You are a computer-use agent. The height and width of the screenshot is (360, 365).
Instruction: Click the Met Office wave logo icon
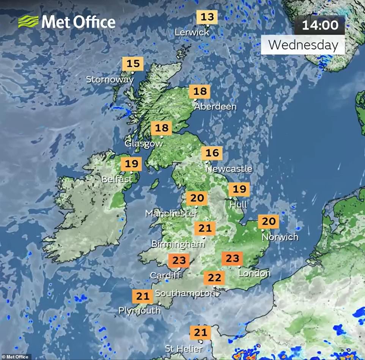click(x=28, y=22)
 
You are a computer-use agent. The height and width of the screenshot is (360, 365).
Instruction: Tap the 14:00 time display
click(x=320, y=25)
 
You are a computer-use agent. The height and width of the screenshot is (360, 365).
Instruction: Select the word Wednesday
click(x=303, y=45)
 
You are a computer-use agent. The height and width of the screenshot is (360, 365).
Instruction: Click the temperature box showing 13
click(x=207, y=17)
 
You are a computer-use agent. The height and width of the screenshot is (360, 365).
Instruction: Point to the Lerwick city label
click(x=192, y=33)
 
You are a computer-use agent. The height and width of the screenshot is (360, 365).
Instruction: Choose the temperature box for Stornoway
click(x=133, y=64)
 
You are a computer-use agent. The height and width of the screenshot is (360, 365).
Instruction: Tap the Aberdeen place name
click(x=215, y=107)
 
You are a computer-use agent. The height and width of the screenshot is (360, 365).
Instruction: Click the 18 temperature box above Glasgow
click(x=162, y=128)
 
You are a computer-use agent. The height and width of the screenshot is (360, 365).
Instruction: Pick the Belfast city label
click(x=117, y=179)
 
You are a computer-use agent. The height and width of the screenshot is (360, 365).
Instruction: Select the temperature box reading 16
click(x=212, y=153)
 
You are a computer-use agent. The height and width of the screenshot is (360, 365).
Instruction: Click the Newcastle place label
click(x=229, y=169)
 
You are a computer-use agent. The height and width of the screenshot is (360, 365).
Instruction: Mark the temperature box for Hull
click(x=239, y=189)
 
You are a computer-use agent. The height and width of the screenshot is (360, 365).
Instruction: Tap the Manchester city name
click(x=171, y=214)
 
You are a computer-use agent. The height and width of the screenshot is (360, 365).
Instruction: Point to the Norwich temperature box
click(x=268, y=222)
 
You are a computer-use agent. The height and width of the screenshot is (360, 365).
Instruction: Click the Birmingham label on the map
click(x=176, y=244)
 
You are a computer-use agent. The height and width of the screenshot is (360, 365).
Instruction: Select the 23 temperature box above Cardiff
click(x=179, y=261)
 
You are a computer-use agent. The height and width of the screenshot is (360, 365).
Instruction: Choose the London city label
click(x=254, y=273)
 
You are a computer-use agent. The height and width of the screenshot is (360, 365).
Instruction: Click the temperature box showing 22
click(x=214, y=278)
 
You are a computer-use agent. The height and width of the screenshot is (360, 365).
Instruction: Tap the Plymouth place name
click(x=139, y=311)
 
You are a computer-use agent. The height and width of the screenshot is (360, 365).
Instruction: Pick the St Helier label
click(x=184, y=349)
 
